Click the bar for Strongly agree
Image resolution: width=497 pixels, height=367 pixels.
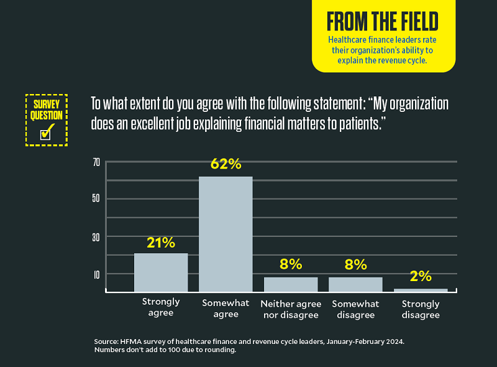[161, 272]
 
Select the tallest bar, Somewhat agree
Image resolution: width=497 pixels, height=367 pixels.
[226, 234]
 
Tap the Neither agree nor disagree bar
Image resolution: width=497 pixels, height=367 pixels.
[290, 284]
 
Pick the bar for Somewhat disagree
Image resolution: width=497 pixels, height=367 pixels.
[355, 284]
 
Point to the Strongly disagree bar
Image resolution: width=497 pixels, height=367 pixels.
[421, 290]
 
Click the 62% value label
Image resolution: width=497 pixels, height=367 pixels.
[226, 164]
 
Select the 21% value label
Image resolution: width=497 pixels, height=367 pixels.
[161, 243]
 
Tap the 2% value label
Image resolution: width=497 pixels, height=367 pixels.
[421, 277]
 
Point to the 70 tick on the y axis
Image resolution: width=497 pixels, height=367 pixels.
[96, 162]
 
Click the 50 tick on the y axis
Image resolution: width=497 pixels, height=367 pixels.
[96, 199]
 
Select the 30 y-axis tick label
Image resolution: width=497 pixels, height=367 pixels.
[96, 237]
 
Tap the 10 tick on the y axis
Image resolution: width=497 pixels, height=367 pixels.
[96, 274]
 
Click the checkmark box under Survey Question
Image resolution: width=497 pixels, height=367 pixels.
[46, 132]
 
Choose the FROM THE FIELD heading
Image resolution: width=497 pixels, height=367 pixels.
[383, 22]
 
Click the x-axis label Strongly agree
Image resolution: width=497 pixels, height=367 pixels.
[161, 307]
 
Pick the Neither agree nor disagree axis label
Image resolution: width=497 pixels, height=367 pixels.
[291, 309]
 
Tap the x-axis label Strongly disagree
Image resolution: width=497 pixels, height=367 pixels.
[421, 309]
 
